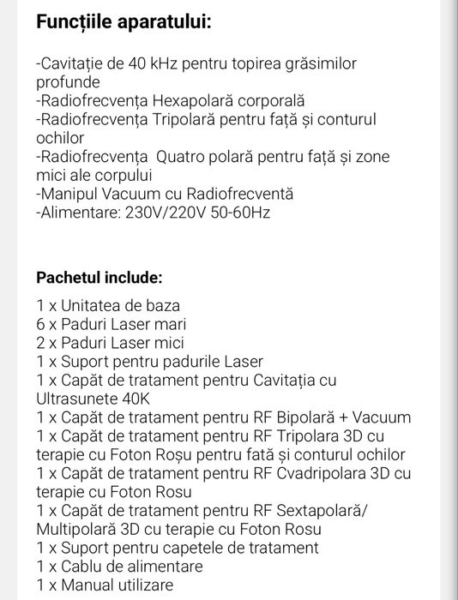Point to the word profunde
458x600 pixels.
coord(69,83)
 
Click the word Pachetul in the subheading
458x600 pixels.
coord(69,279)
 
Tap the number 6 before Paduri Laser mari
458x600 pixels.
coord(41,324)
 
